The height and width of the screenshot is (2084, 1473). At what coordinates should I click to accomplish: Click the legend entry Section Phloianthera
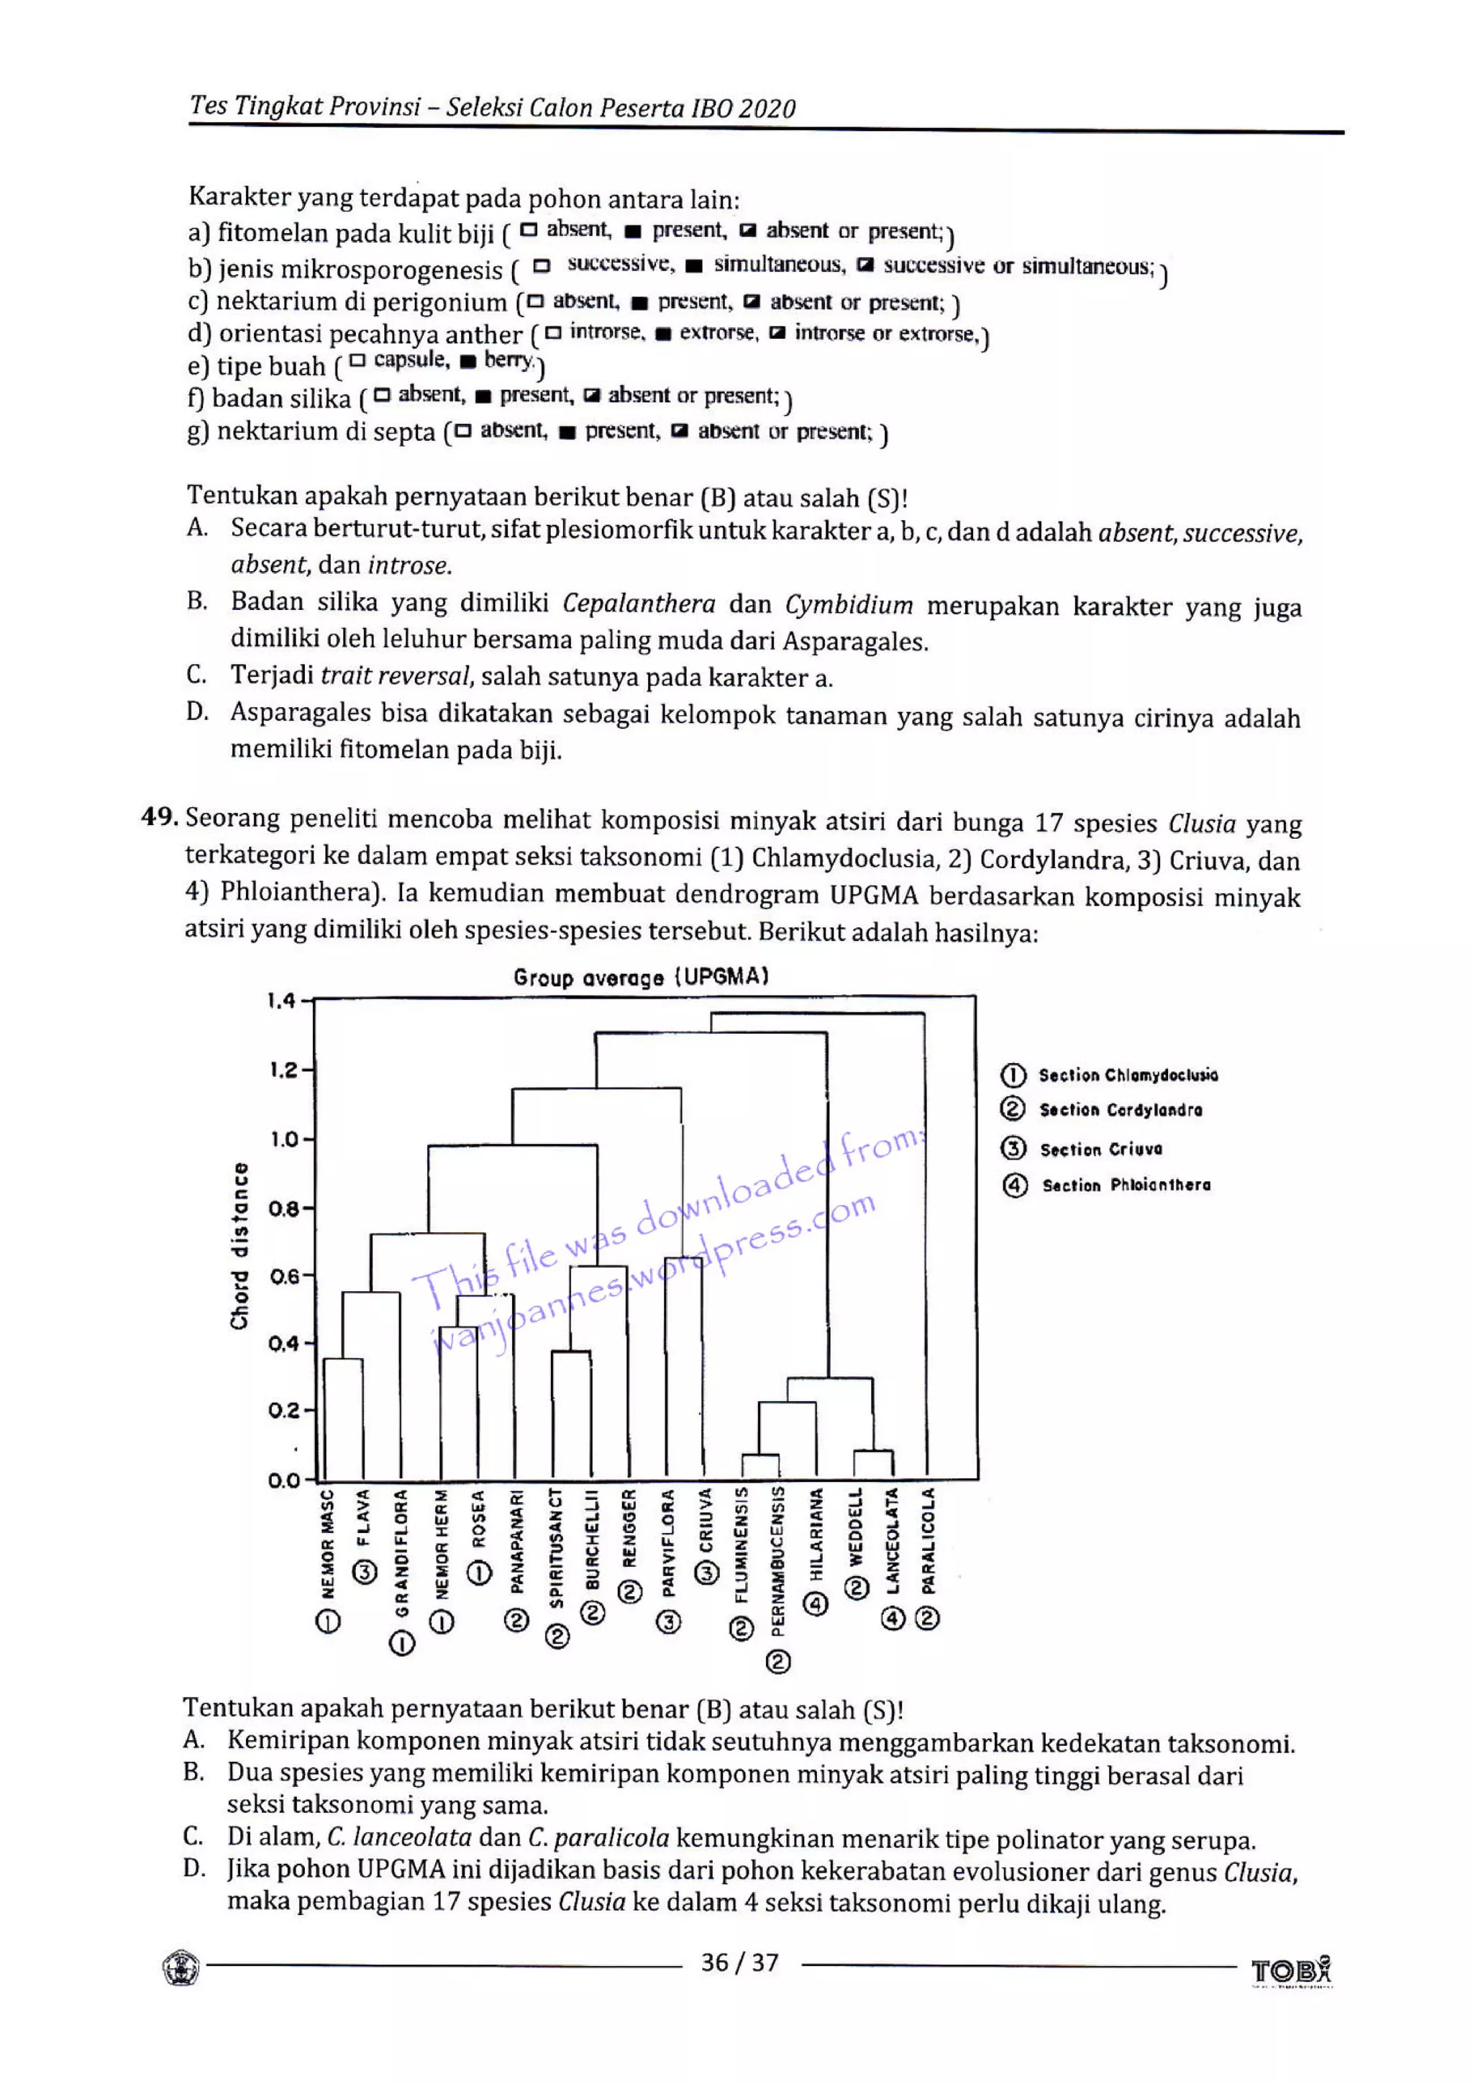pos(1126,1185)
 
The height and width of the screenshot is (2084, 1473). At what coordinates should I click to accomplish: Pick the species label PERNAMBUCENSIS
pos(777,1560)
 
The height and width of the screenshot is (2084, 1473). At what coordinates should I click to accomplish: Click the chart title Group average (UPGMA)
pos(641,977)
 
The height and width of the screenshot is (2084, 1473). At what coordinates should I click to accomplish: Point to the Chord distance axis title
pos(240,1246)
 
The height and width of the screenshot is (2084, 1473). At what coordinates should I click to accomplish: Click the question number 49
pos(160,817)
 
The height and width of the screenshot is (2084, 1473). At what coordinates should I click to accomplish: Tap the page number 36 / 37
pos(739,1962)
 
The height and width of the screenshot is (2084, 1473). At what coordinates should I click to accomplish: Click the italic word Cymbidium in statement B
pos(849,604)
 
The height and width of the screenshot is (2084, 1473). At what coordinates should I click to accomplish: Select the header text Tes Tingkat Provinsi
pos(305,106)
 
